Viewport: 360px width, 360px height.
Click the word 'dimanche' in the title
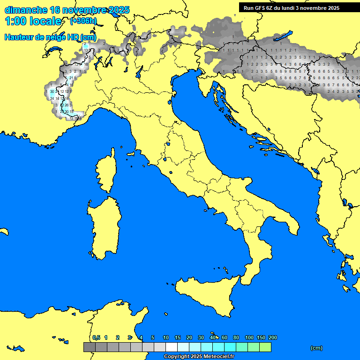[x=26, y=10]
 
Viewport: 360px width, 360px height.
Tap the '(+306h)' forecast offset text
[x=83, y=21]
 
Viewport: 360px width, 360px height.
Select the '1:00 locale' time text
[x=33, y=22]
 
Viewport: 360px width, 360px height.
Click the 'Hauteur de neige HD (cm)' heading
[x=50, y=37]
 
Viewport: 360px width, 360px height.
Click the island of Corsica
[x=106, y=174]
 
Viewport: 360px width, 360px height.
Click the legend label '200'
[x=273, y=337]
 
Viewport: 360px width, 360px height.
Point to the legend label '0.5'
[x=96, y=337]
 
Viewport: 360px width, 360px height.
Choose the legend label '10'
[x=165, y=337]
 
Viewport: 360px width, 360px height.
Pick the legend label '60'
[x=225, y=337]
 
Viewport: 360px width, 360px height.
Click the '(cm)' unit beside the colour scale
[x=316, y=348]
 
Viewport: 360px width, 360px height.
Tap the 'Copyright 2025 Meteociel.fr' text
[x=199, y=357]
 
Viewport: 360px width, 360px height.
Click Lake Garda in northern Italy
[x=139, y=71]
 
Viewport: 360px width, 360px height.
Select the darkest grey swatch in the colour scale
[x=89, y=347]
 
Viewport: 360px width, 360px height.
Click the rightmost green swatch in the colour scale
[x=265, y=347]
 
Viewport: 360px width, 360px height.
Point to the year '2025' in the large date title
[x=119, y=10]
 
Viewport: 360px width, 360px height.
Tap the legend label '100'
[x=249, y=337]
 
